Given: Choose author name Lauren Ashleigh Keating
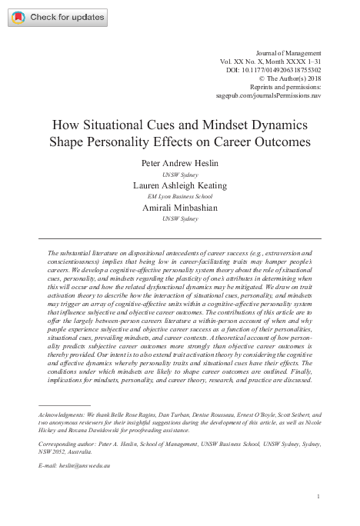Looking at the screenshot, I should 179,185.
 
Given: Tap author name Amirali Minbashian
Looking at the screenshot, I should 179,208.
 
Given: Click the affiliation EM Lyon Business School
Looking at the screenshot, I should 179,197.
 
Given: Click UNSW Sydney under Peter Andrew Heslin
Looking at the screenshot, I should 179,175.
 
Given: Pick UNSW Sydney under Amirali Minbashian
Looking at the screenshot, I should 179,219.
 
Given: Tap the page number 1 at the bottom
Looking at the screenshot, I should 318,497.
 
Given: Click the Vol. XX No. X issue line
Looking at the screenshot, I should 275,59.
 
